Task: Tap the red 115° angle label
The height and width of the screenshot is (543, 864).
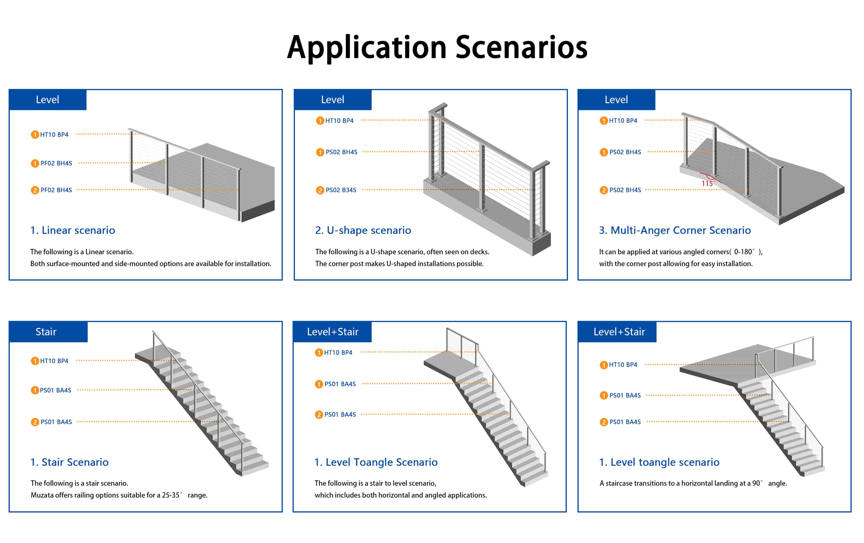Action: click(708, 184)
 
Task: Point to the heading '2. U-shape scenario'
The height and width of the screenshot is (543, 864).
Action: click(363, 230)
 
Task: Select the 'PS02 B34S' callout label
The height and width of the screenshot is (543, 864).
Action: click(340, 190)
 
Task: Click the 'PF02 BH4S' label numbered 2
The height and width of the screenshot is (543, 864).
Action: click(56, 190)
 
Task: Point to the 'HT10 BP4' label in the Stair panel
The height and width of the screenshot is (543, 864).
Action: click(54, 361)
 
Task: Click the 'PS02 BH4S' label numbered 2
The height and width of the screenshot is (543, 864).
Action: click(625, 190)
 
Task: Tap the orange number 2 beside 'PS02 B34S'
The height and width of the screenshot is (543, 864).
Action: click(320, 190)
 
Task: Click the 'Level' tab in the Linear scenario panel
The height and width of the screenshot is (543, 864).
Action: click(47, 99)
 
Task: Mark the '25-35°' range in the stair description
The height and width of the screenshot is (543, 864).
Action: click(172, 495)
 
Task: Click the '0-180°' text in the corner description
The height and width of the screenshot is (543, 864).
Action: click(744, 252)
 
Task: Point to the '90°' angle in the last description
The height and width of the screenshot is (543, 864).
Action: click(757, 483)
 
